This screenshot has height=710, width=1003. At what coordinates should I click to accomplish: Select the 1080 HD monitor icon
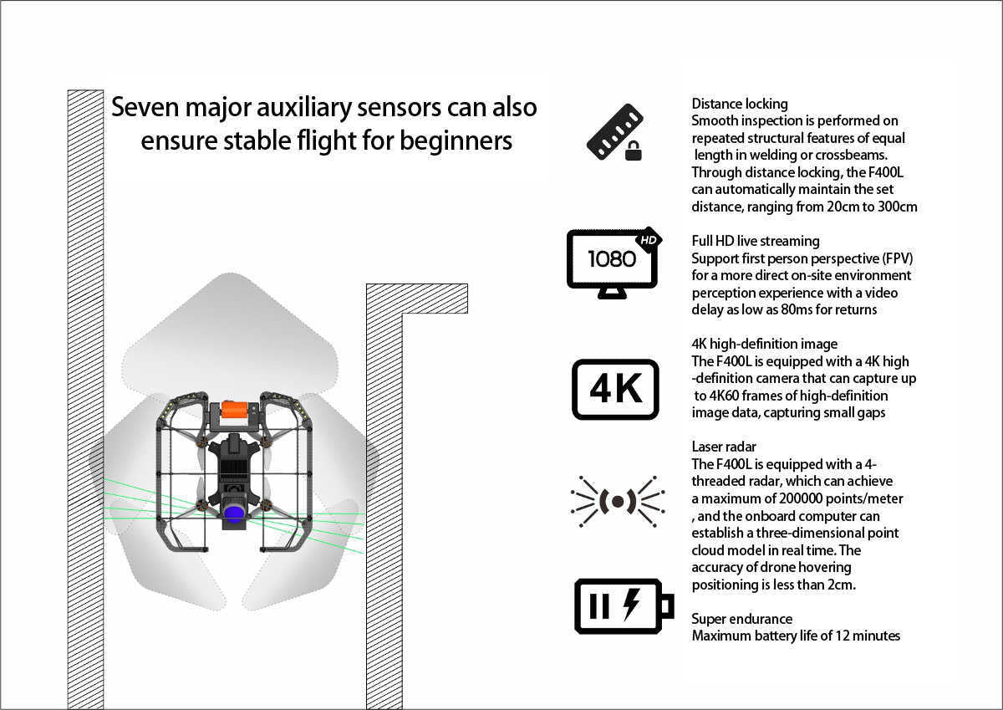pyautogui.click(x=614, y=262)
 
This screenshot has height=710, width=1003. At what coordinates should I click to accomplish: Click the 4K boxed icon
pyautogui.click(x=615, y=389)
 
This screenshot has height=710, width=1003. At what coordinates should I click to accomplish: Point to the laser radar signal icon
pyautogui.click(x=617, y=501)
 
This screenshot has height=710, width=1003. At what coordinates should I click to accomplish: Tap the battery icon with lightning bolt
pyautogui.click(x=624, y=605)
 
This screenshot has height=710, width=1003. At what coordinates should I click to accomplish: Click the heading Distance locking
pyautogui.click(x=739, y=104)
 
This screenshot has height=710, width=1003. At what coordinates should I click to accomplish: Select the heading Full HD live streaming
pyautogui.click(x=756, y=241)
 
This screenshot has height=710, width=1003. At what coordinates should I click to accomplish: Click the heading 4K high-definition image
pyautogui.click(x=764, y=344)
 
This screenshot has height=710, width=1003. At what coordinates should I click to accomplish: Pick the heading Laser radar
pyautogui.click(x=724, y=447)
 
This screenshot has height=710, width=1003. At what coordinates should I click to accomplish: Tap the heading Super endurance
pyautogui.click(x=741, y=619)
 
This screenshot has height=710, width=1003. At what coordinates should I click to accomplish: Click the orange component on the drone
pyautogui.click(x=234, y=410)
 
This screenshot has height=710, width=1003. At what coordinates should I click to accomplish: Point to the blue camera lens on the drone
pyautogui.click(x=234, y=513)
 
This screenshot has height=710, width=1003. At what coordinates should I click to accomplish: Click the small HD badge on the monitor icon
pyautogui.click(x=649, y=240)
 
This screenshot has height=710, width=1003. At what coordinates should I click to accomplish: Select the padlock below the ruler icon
pyautogui.click(x=634, y=152)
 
